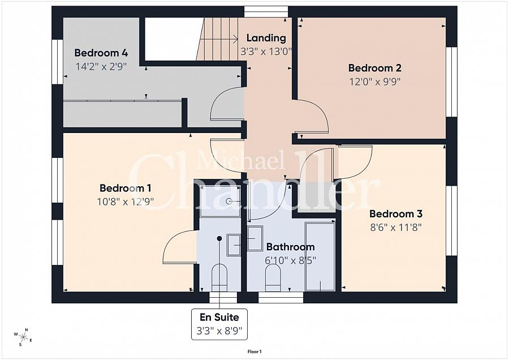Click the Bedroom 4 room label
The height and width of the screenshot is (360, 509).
pyautogui.click(x=101, y=53)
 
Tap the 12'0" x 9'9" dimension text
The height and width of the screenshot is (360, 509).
pyautogui.click(x=374, y=81)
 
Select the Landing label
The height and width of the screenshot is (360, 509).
pyautogui.click(x=266, y=38)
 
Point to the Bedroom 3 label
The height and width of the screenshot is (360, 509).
pyautogui.click(x=395, y=214)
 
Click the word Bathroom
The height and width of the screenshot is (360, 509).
pyautogui.click(x=290, y=247)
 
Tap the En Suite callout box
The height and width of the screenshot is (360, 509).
pyautogui.click(x=219, y=324)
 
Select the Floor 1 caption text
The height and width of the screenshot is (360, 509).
pyautogui.click(x=255, y=352)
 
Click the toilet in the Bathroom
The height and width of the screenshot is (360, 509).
pyautogui.click(x=273, y=277)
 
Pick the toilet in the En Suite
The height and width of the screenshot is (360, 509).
pyautogui.click(x=219, y=277)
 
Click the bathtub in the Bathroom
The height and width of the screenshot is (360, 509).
pyautogui.click(x=320, y=256)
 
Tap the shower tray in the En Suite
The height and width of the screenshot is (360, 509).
pyautogui.click(x=220, y=201)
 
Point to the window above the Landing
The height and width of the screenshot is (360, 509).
pyautogui.click(x=266, y=11)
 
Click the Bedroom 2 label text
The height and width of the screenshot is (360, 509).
pyautogui.click(x=374, y=68)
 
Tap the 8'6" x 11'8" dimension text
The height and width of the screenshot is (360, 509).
pyautogui.click(x=395, y=227)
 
